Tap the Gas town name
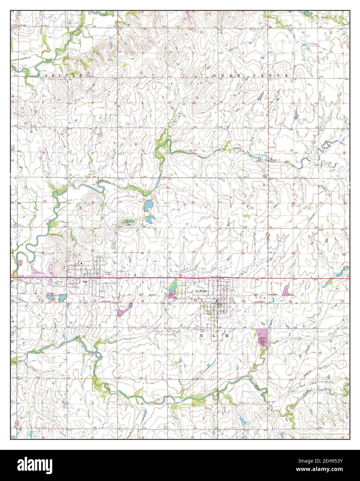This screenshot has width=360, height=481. point(84,282)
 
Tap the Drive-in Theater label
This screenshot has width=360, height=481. point(110,273)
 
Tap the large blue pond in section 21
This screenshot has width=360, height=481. point(148,206)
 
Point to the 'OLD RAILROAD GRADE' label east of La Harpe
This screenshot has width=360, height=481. point(273,294)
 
